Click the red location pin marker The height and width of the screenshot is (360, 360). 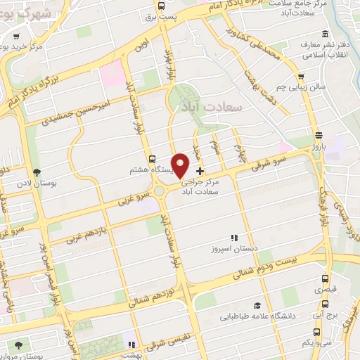[x=181, y=165]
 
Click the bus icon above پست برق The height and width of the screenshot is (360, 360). [x=162, y=6]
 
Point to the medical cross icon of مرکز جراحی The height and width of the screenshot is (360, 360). [x=200, y=170]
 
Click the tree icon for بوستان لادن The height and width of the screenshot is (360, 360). [x=37, y=172]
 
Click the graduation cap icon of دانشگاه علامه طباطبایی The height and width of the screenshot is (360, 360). [x=257, y=305]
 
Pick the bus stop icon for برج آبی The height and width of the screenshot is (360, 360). [x=325, y=304]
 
